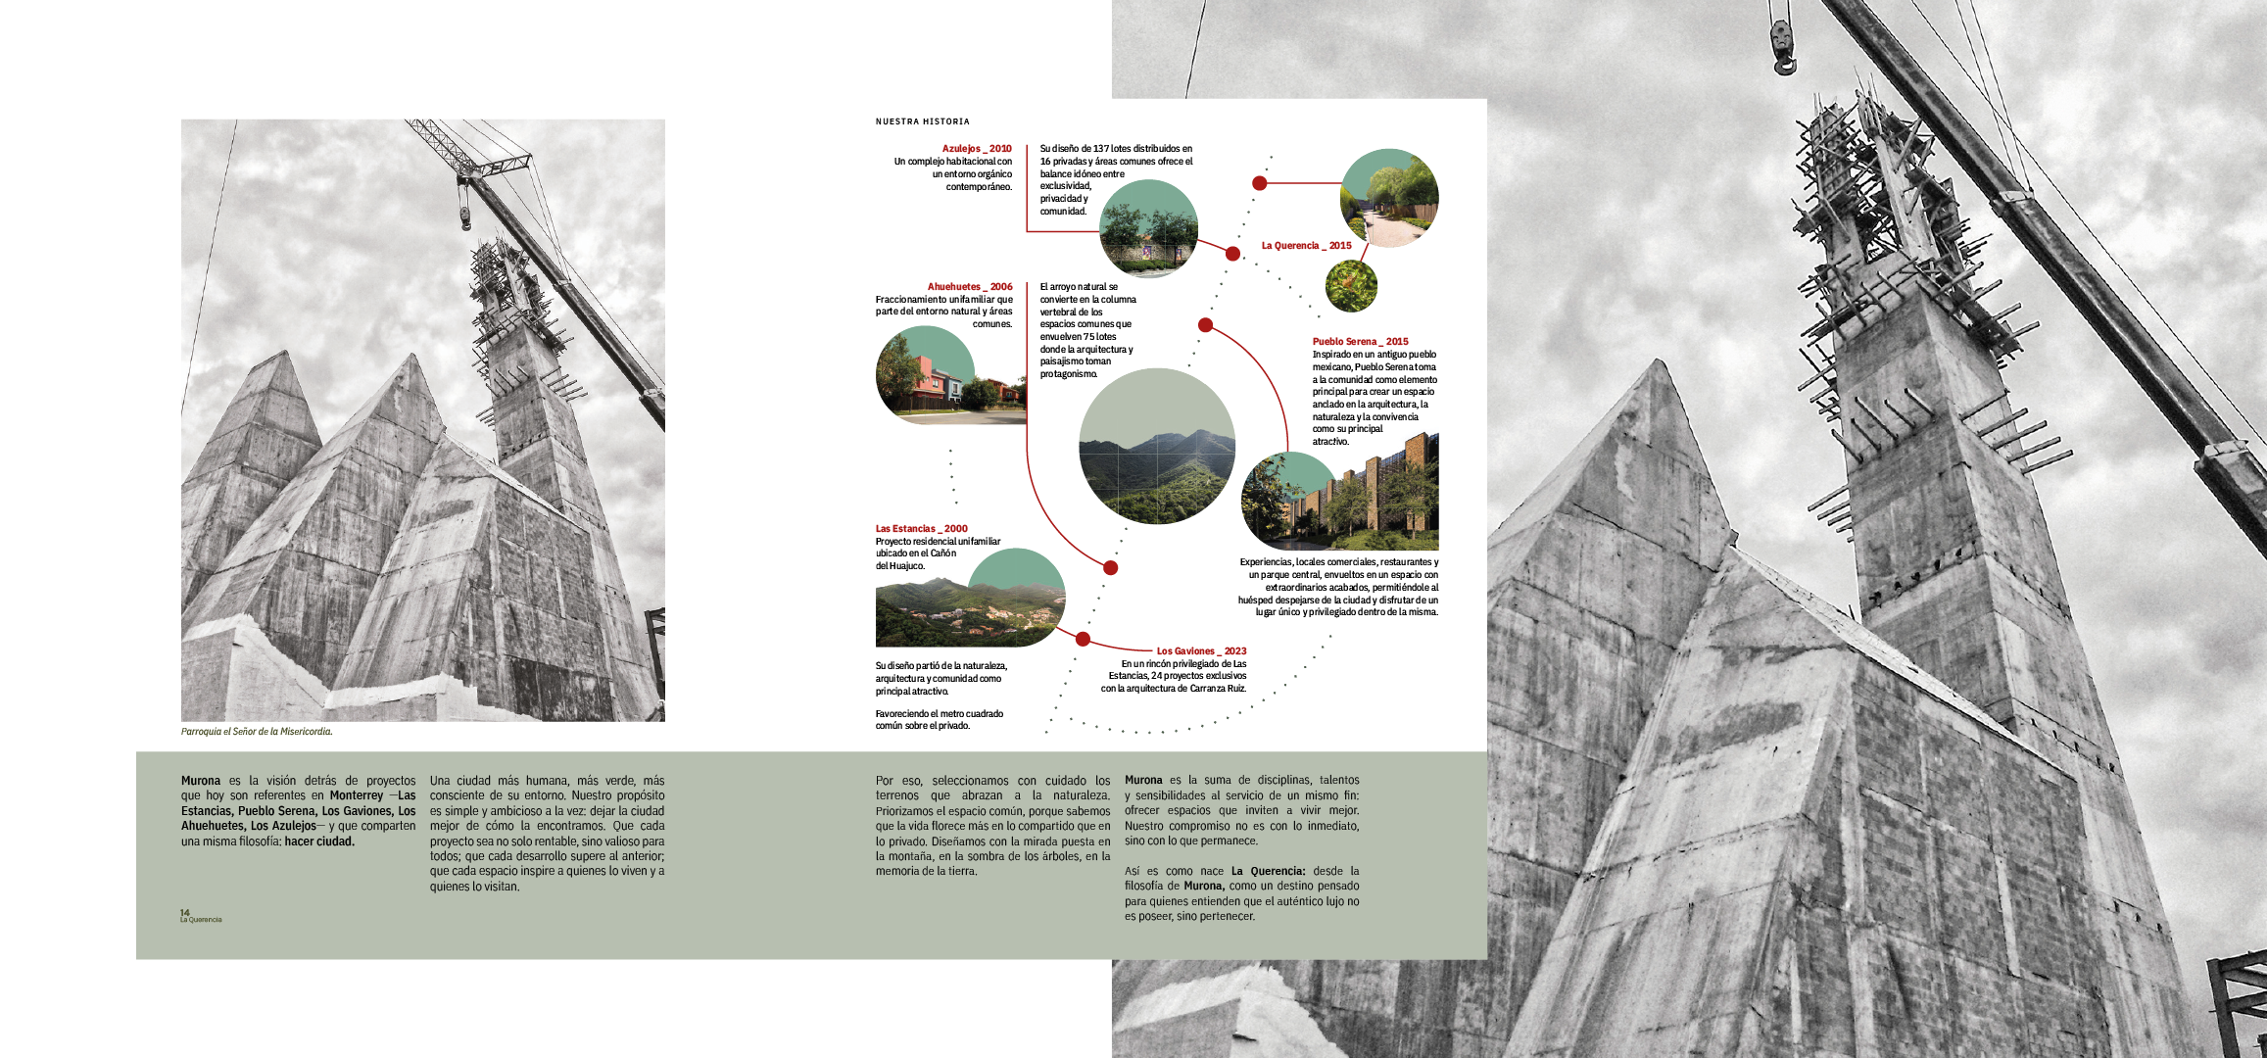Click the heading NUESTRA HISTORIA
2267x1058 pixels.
(922, 121)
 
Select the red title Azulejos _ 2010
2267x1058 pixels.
(976, 149)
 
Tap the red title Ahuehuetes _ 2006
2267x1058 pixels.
(969, 287)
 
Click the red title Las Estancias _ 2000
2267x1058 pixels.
(921, 529)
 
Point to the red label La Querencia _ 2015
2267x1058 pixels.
(1306, 246)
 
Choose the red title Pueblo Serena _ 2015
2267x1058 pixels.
(1360, 342)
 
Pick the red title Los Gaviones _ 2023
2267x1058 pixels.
(1201, 651)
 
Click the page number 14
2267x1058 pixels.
(184, 912)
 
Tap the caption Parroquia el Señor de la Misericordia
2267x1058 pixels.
(257, 732)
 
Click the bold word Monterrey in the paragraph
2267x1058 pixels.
(357, 795)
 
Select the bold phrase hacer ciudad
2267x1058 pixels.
(319, 842)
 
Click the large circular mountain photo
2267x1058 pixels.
(1156, 447)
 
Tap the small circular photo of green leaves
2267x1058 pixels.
(1351, 286)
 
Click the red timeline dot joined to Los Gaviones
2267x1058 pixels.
(1083, 639)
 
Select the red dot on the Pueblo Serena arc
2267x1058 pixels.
(1206, 325)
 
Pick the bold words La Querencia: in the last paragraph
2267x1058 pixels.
(1268, 871)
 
